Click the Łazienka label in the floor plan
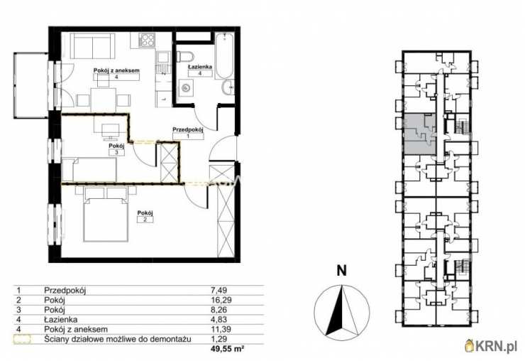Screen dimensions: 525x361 pos(200,67)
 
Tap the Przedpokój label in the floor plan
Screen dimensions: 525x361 pos(188,129)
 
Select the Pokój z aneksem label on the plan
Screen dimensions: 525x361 pos(116,70)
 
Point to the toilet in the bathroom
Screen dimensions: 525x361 pos(184,57)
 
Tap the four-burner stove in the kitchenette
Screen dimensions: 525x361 pos(148,41)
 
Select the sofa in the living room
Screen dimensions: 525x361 pos(92,46)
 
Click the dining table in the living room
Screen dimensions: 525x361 pos(103,99)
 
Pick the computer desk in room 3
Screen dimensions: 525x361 pos(111,126)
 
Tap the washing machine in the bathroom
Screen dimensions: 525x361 pos(185,88)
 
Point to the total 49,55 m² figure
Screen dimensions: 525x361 pos(227,349)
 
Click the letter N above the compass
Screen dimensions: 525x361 pos(341,271)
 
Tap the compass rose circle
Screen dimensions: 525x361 pos(342,311)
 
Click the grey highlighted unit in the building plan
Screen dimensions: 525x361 pos(420,134)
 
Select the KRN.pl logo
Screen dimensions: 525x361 pos(491,345)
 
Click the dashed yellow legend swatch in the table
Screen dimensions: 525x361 pos(22,339)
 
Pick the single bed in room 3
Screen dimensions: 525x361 pos(89,170)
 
